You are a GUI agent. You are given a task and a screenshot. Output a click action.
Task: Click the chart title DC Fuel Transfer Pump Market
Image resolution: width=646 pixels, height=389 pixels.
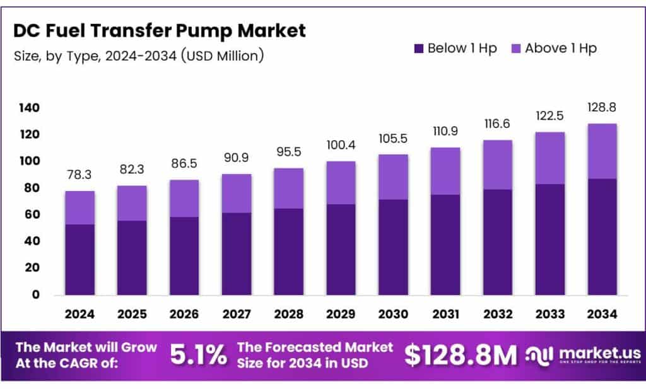(160, 30)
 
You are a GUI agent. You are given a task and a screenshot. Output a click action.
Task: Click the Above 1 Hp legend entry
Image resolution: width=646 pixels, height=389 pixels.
(552, 48)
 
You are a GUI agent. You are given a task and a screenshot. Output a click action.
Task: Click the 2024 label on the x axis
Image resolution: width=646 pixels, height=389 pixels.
(80, 313)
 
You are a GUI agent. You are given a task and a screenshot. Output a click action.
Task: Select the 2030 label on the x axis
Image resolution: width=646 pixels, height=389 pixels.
(394, 313)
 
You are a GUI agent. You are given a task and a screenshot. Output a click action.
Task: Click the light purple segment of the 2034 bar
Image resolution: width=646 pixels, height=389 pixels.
(602, 151)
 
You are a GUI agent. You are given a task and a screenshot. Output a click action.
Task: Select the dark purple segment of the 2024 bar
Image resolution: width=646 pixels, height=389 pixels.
(80, 258)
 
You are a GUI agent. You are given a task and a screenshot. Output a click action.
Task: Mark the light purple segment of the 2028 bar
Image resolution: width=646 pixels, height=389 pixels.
(289, 188)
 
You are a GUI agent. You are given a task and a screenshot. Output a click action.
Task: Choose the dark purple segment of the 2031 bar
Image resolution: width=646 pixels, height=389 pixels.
(445, 245)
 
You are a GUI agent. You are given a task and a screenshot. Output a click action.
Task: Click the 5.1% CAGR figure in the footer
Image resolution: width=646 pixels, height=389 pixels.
(198, 356)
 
